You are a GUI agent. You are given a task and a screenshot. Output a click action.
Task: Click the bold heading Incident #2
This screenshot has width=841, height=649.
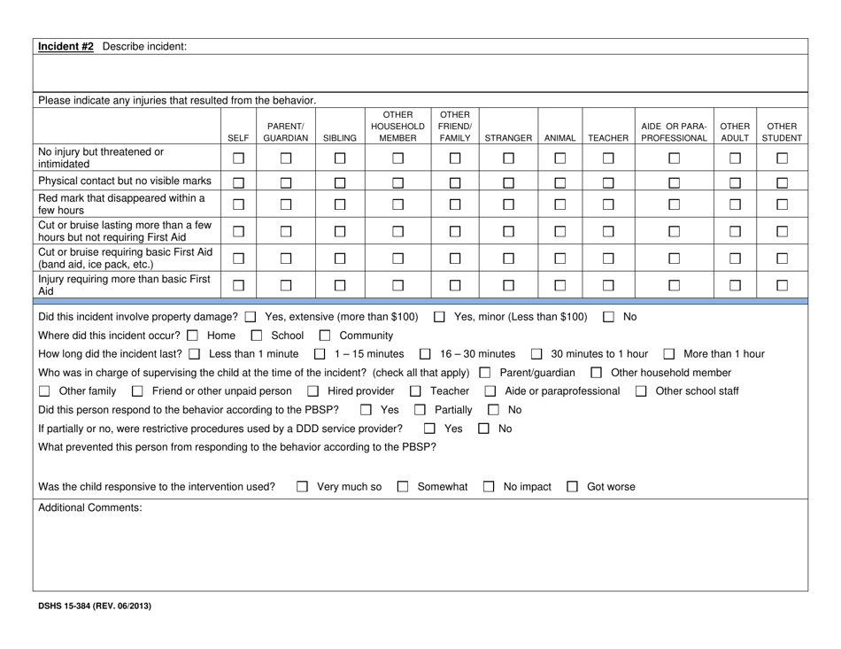(x=66, y=46)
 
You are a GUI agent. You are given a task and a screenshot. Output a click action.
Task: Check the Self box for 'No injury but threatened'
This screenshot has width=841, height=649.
(x=237, y=158)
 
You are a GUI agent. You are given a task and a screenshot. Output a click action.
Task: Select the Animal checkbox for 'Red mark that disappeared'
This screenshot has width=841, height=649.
(x=559, y=205)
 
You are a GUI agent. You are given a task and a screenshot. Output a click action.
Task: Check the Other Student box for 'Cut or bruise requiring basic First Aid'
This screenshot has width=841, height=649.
(x=782, y=257)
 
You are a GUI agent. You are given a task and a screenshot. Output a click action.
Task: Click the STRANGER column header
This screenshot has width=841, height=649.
(x=508, y=138)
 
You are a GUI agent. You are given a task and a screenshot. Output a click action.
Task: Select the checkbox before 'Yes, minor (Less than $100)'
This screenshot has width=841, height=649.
(x=440, y=317)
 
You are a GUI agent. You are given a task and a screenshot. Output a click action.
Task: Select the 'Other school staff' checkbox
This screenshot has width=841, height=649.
(x=640, y=392)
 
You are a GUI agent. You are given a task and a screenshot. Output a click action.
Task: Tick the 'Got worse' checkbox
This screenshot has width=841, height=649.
(x=573, y=487)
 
